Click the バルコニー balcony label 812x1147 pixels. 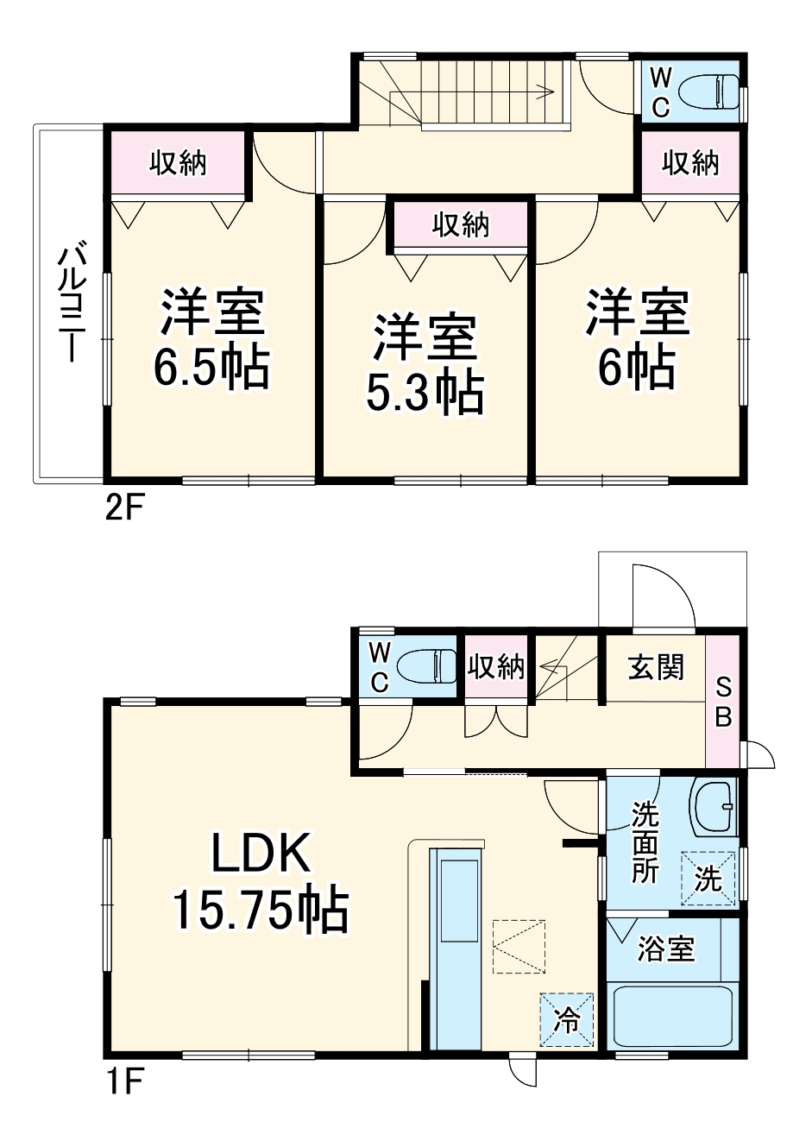pos(70,305)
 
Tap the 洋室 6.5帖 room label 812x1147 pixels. pos(211,340)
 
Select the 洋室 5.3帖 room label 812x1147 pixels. pos(424,365)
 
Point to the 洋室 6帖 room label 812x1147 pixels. pos(638,340)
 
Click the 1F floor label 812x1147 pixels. pos(123,1081)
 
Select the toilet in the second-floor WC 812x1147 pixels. pos(709,91)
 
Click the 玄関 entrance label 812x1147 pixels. pos(656,666)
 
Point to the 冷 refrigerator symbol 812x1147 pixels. pos(567,1020)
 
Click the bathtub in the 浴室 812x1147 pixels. pos(673,1018)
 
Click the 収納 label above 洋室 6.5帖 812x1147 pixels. pos(179,162)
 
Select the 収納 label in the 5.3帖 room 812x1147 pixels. pos(460,225)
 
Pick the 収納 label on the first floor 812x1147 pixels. pos(496,666)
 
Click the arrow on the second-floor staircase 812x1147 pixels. pos(545,88)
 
